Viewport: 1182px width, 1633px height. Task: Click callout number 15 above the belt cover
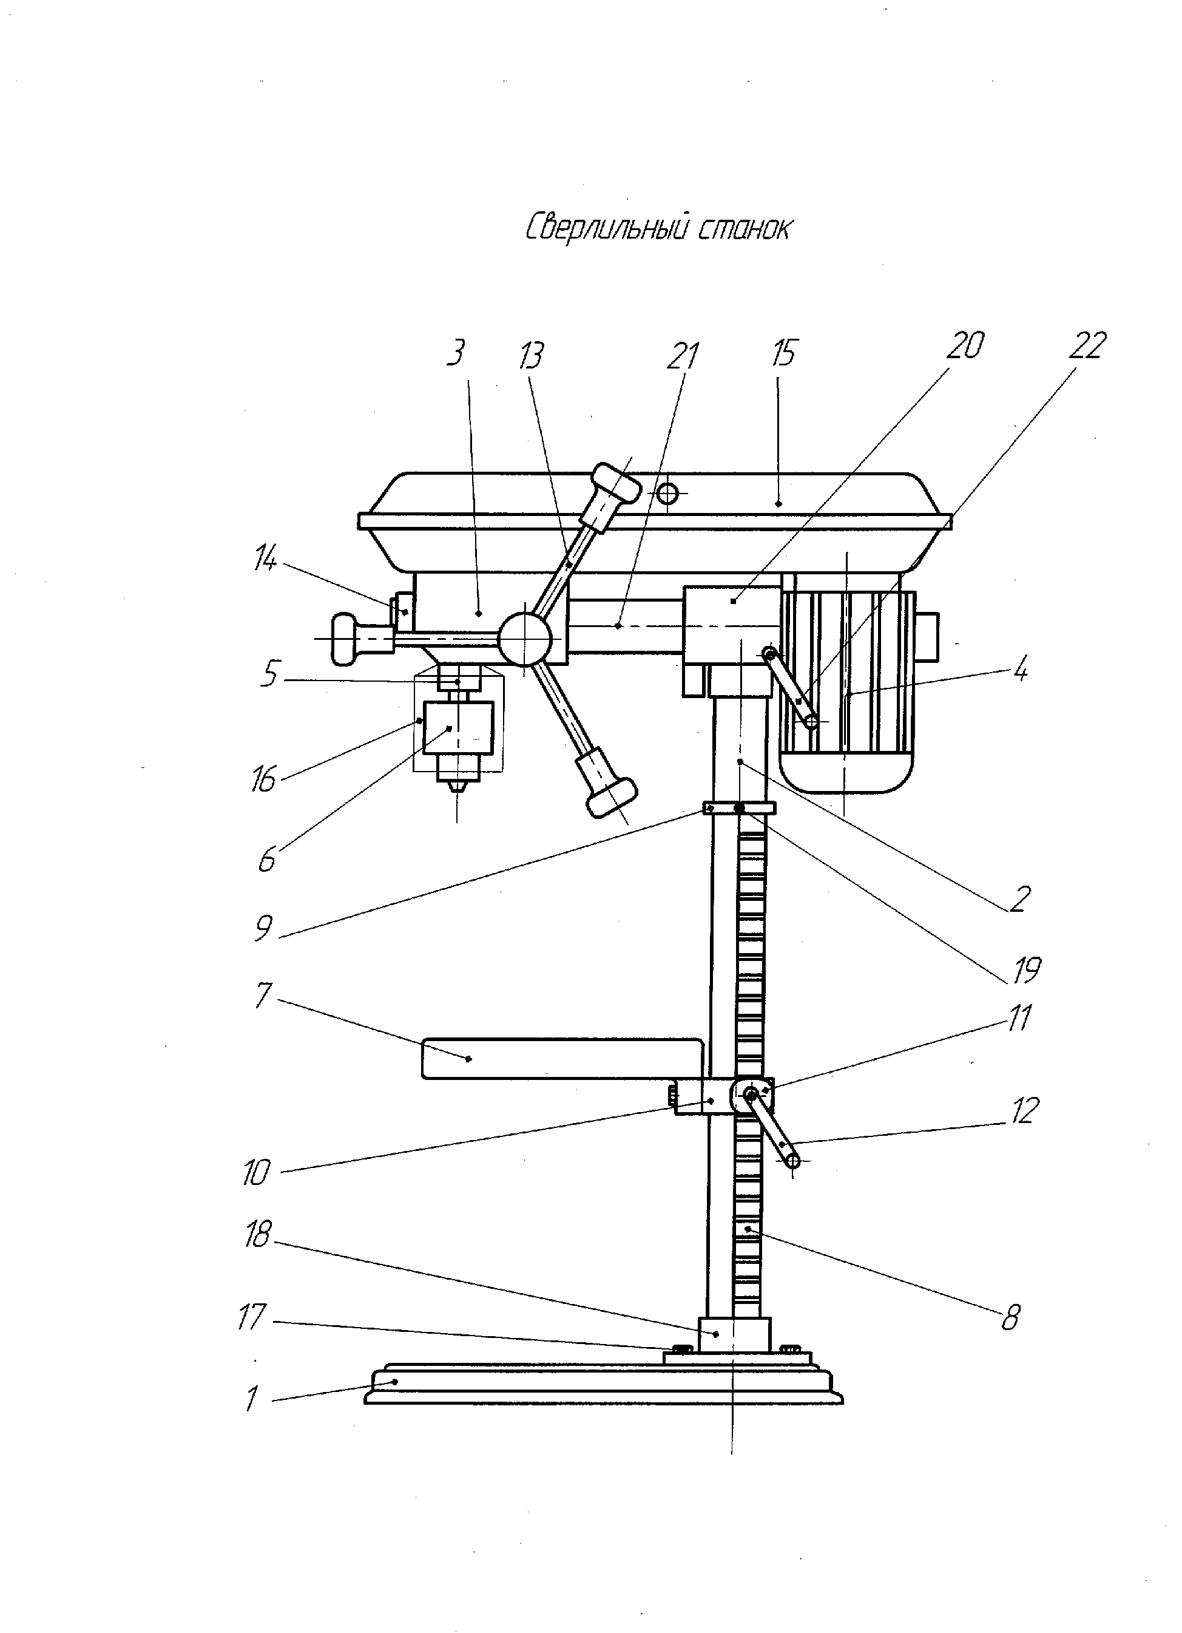[x=784, y=353]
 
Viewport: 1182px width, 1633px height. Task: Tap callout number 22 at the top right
[x=1086, y=345]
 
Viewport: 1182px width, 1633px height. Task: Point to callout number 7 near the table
[x=263, y=995]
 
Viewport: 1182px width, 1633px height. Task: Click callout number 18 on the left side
[x=257, y=1235]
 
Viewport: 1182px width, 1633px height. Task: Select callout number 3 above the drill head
[x=456, y=353]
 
